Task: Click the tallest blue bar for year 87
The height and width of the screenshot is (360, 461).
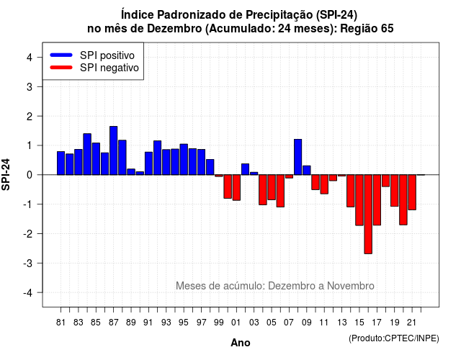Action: coord(114,150)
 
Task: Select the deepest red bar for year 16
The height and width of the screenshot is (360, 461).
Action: coord(368,215)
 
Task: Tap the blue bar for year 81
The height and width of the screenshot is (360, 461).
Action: coord(61,163)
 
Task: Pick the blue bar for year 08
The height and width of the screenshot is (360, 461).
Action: coord(297,157)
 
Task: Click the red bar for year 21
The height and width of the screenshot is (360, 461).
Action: coord(412,192)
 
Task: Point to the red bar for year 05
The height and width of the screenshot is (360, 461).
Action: coord(272,187)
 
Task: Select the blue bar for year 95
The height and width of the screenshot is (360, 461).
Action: coord(184,159)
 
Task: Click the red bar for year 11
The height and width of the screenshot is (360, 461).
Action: coord(324,184)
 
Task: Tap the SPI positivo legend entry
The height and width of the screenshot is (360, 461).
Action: coord(92,55)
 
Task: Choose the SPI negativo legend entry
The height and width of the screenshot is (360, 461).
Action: coord(94,68)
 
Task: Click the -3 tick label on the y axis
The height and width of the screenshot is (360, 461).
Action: coord(27,263)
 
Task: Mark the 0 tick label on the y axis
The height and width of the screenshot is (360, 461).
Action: coord(30,175)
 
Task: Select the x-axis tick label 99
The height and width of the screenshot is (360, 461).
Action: coord(219,323)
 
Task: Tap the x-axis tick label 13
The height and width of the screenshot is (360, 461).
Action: coord(341,323)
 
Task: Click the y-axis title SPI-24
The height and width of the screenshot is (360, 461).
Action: coord(6,174)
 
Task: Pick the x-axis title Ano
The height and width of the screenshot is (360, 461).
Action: coord(241,343)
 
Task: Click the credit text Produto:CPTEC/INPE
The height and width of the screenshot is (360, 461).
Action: coord(394,338)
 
